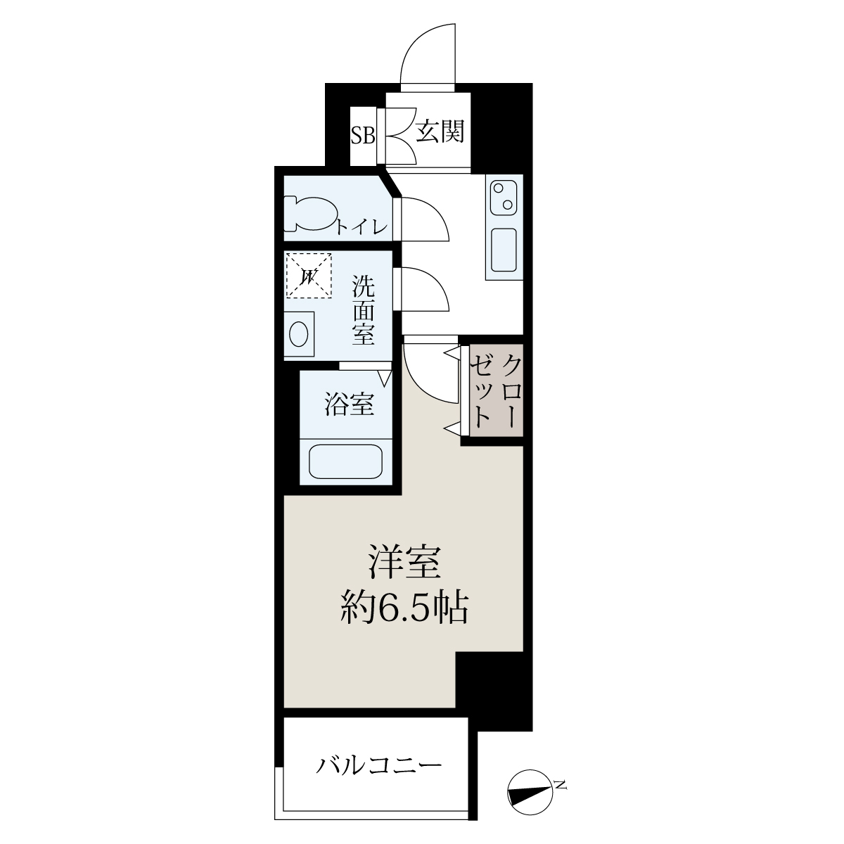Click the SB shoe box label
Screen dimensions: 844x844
tap(363, 136)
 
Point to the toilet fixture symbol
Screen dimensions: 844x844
tap(312, 213)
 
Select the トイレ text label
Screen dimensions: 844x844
tap(362, 226)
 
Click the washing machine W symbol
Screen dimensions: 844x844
tap(309, 276)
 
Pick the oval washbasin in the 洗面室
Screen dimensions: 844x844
tap(299, 334)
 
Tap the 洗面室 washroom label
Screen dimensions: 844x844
tap(364, 310)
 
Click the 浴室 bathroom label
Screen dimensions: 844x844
tap(349, 404)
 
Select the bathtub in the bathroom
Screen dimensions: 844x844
tap(345, 461)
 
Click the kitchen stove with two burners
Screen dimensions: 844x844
tap(504, 198)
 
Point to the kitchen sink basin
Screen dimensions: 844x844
tap(504, 250)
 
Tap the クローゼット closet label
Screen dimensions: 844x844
tap(497, 390)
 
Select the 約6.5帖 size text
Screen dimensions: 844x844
tap(405, 609)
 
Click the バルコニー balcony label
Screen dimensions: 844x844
tap(379, 766)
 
